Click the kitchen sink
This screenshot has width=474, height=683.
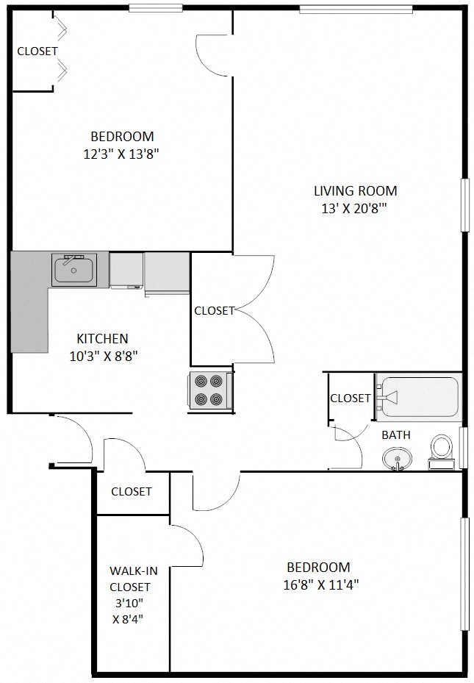pos(73,269)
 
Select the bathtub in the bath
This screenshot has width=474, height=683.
pos(418,397)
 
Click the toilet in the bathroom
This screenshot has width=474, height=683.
pos(442,450)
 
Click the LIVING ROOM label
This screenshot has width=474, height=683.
pos(355,191)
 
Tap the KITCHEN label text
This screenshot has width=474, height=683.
pos(102,339)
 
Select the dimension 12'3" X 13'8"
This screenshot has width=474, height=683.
pos(122,154)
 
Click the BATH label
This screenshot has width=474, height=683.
pos(395,435)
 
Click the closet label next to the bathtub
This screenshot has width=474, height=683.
pos(350,398)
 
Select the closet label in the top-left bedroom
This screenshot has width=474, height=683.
pos(37,51)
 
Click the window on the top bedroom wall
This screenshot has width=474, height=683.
pos(155,9)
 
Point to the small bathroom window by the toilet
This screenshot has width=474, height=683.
pos(462,447)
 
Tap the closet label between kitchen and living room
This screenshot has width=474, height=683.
pos(214,311)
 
